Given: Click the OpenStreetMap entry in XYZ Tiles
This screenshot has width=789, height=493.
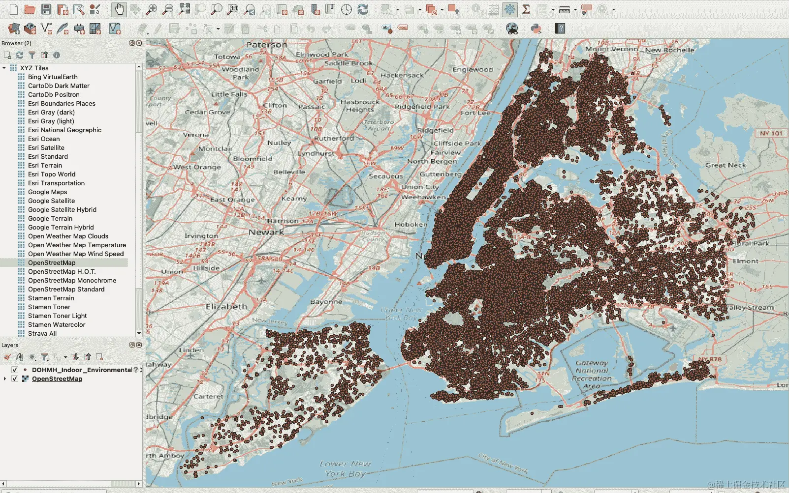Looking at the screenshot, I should point(52,263).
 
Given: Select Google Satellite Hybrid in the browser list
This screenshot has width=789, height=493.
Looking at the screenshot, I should point(62,210).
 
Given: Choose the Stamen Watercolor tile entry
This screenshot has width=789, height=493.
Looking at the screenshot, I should point(57,325).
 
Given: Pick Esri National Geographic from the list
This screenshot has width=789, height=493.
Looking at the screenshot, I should point(64,130).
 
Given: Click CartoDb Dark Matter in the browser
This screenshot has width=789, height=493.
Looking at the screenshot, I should point(59,86).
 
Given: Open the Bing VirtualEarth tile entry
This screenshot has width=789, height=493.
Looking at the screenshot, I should point(53,77).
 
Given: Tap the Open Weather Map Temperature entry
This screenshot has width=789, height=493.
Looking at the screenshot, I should point(77,245).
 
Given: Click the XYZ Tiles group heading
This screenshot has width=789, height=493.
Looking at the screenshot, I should point(34,68).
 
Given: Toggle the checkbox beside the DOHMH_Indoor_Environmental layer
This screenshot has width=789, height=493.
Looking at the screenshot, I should point(15,370).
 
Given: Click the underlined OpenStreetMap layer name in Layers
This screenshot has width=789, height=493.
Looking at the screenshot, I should point(57,379).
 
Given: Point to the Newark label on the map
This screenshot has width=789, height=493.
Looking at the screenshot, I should point(266,232).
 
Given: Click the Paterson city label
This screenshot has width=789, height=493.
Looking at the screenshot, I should point(266,45).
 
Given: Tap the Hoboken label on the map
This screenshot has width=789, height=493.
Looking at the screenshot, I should point(411,225).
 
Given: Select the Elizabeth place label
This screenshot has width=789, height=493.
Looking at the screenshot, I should point(226,307).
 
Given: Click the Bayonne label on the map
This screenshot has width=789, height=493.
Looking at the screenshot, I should point(326,301).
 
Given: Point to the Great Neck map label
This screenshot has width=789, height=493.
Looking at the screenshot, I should point(726,165).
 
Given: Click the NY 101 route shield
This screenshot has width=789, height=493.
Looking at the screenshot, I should point(770,133).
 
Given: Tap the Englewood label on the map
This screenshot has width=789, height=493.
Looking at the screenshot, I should point(473,70).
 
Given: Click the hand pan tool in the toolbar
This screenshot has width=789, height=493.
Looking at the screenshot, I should point(119,9).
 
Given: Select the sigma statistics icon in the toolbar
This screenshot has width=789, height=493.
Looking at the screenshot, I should point(526,9).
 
